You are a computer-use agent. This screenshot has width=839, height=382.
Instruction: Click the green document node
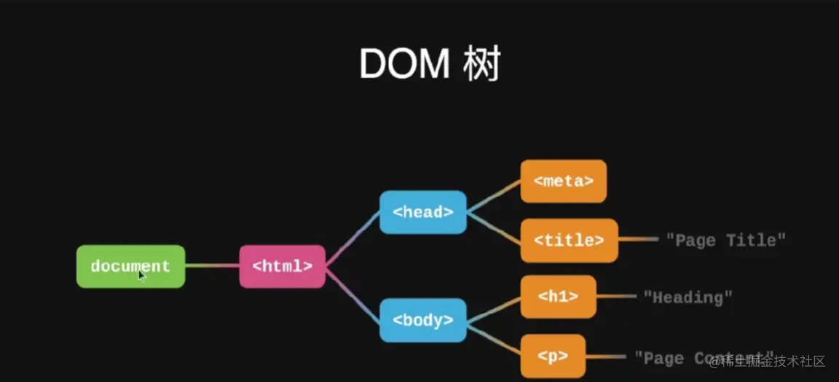click(x=130, y=266)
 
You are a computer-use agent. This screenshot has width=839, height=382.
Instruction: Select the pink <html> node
click(x=282, y=266)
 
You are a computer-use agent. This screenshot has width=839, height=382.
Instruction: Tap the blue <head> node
click(x=422, y=212)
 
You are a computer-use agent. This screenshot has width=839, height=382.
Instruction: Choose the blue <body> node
click(x=422, y=319)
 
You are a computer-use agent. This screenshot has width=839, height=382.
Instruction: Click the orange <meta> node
click(x=563, y=181)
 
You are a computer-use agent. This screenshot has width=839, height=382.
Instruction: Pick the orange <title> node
click(x=569, y=240)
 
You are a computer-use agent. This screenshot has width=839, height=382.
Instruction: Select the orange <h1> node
click(x=558, y=297)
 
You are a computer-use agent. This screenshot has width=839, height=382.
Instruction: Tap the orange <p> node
click(x=553, y=356)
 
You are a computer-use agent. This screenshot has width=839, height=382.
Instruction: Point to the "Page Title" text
click(x=726, y=240)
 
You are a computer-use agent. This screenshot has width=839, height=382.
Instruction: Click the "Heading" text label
click(x=688, y=297)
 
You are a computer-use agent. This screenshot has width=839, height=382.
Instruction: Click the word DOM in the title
click(x=404, y=66)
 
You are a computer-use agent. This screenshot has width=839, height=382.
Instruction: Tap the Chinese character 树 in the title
click(x=481, y=66)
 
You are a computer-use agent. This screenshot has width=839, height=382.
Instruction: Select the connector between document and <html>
click(x=212, y=266)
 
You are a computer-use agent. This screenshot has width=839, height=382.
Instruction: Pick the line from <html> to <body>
click(x=352, y=293)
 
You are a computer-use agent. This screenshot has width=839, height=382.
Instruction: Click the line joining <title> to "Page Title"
click(x=639, y=240)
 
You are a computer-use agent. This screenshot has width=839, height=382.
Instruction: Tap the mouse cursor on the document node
click(x=141, y=276)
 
